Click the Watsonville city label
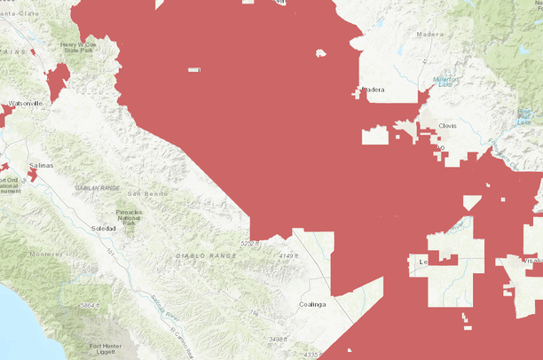point(25,104)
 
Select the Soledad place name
point(104,229)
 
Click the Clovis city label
point(447,126)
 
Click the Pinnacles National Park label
point(129,217)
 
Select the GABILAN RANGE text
point(98,188)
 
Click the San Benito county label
point(146,193)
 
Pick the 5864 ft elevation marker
point(89,306)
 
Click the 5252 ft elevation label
point(253,242)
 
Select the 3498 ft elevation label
point(278,340)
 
